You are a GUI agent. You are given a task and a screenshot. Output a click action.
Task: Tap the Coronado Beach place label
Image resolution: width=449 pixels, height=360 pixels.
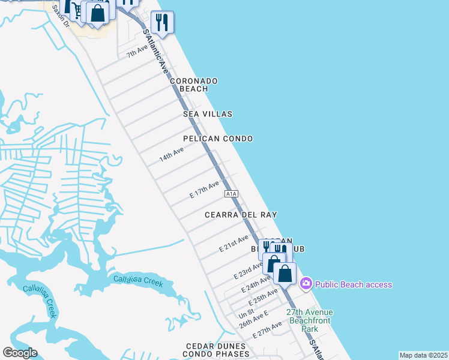[x=193, y=85]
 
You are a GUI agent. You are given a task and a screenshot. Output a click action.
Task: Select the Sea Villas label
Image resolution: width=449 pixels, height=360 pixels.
[x=208, y=114]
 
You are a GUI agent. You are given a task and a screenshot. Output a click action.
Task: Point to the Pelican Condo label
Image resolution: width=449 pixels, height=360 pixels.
[x=218, y=139]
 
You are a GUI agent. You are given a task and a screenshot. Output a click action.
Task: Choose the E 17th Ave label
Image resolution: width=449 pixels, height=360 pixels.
[x=205, y=189]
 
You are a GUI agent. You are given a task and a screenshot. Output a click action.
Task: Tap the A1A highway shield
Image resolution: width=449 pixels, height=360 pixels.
[x=232, y=194]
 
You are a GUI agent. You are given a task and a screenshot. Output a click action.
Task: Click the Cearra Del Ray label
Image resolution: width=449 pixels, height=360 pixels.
[x=240, y=215]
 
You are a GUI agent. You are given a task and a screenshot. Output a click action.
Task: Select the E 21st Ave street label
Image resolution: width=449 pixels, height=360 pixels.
[x=234, y=243]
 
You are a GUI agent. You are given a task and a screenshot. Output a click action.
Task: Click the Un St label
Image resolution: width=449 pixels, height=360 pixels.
[x=247, y=314]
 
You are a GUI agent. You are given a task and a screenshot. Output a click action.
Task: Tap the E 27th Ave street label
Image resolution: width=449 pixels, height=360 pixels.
[x=267, y=330]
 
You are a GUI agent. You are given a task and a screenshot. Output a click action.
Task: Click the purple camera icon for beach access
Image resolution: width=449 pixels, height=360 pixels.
[x=306, y=284]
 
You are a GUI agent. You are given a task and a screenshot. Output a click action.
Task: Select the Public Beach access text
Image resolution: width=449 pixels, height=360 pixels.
[x=354, y=284]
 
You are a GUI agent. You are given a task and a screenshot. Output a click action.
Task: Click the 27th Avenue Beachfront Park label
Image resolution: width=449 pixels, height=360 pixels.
[x=309, y=320]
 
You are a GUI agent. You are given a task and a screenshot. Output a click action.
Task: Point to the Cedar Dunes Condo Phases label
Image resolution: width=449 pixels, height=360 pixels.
[x=216, y=350]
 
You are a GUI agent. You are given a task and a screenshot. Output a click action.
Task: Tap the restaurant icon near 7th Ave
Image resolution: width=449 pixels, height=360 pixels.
[x=162, y=22]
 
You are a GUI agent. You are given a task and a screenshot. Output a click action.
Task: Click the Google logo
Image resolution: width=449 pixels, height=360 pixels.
[x=20, y=353]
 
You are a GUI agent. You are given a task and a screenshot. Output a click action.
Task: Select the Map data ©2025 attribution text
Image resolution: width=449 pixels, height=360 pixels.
[x=423, y=355]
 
